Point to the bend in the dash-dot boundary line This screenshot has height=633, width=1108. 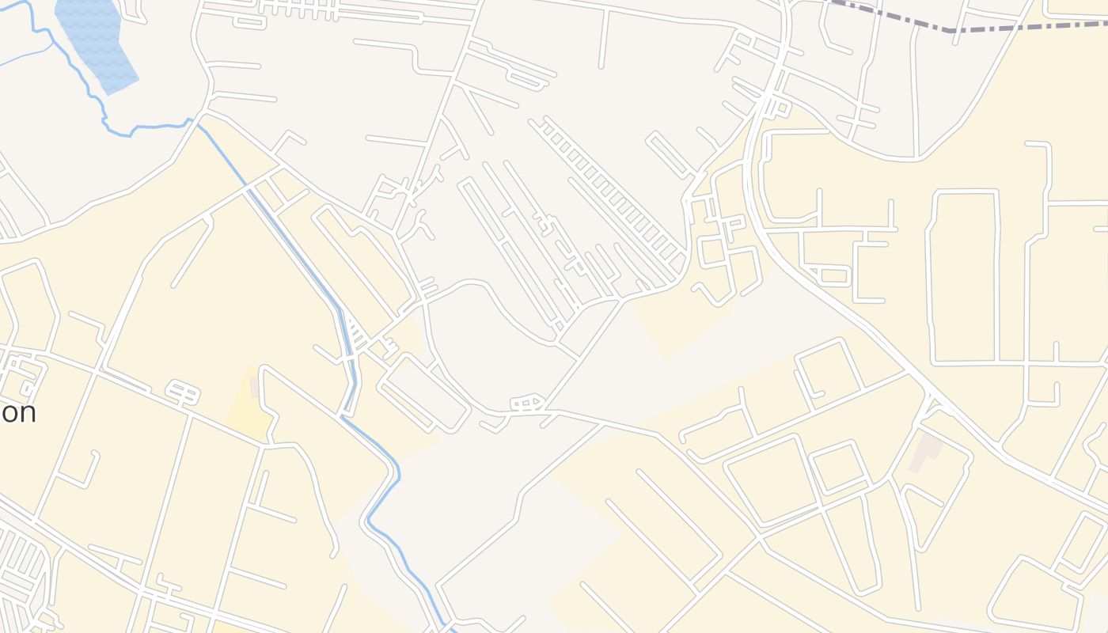[950, 31]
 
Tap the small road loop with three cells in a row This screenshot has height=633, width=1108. [526, 404]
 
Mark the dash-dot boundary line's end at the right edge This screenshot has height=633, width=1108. [1106, 25]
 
